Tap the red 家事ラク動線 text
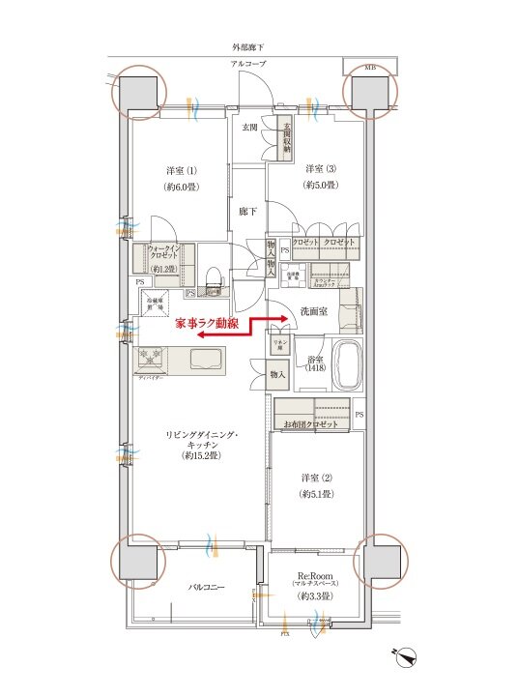[x=208, y=326]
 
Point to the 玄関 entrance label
[x=249, y=127]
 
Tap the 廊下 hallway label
[x=248, y=211]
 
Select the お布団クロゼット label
[x=310, y=425]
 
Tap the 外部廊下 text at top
[x=248, y=46]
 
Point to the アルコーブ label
[x=248, y=64]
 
